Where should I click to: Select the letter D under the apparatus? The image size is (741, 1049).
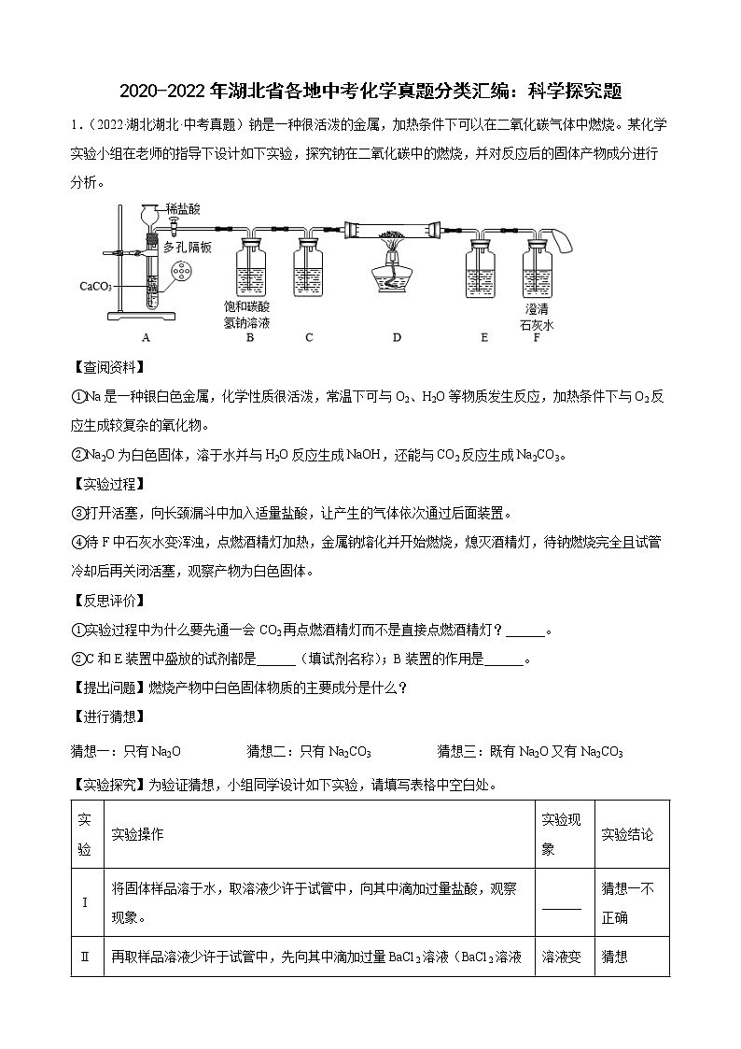click(x=396, y=337)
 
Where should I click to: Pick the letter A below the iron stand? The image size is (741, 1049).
click(x=145, y=337)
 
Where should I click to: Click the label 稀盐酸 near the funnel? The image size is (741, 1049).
click(x=183, y=209)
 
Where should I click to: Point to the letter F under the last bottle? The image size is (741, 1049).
click(x=537, y=337)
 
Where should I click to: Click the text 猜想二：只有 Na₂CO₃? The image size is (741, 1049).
click(x=309, y=751)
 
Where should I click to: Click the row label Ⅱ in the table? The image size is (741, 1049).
click(x=85, y=957)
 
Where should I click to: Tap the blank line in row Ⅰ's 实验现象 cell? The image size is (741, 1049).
click(x=561, y=907)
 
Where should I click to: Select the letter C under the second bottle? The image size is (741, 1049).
click(x=309, y=337)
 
